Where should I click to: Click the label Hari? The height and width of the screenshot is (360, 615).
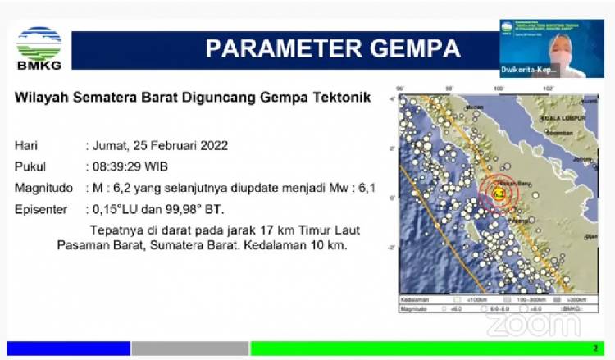click(x=25, y=146)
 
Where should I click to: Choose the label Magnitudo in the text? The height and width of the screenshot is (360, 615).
click(x=43, y=188)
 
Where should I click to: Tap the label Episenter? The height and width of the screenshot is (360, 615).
click(x=41, y=209)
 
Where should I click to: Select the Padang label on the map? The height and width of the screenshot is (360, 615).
click(x=517, y=220)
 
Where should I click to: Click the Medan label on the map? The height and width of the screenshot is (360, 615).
click(x=473, y=107)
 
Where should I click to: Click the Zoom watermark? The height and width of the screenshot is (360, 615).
click(x=533, y=325)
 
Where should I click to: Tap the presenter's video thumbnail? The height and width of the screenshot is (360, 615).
click(x=541, y=48)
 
